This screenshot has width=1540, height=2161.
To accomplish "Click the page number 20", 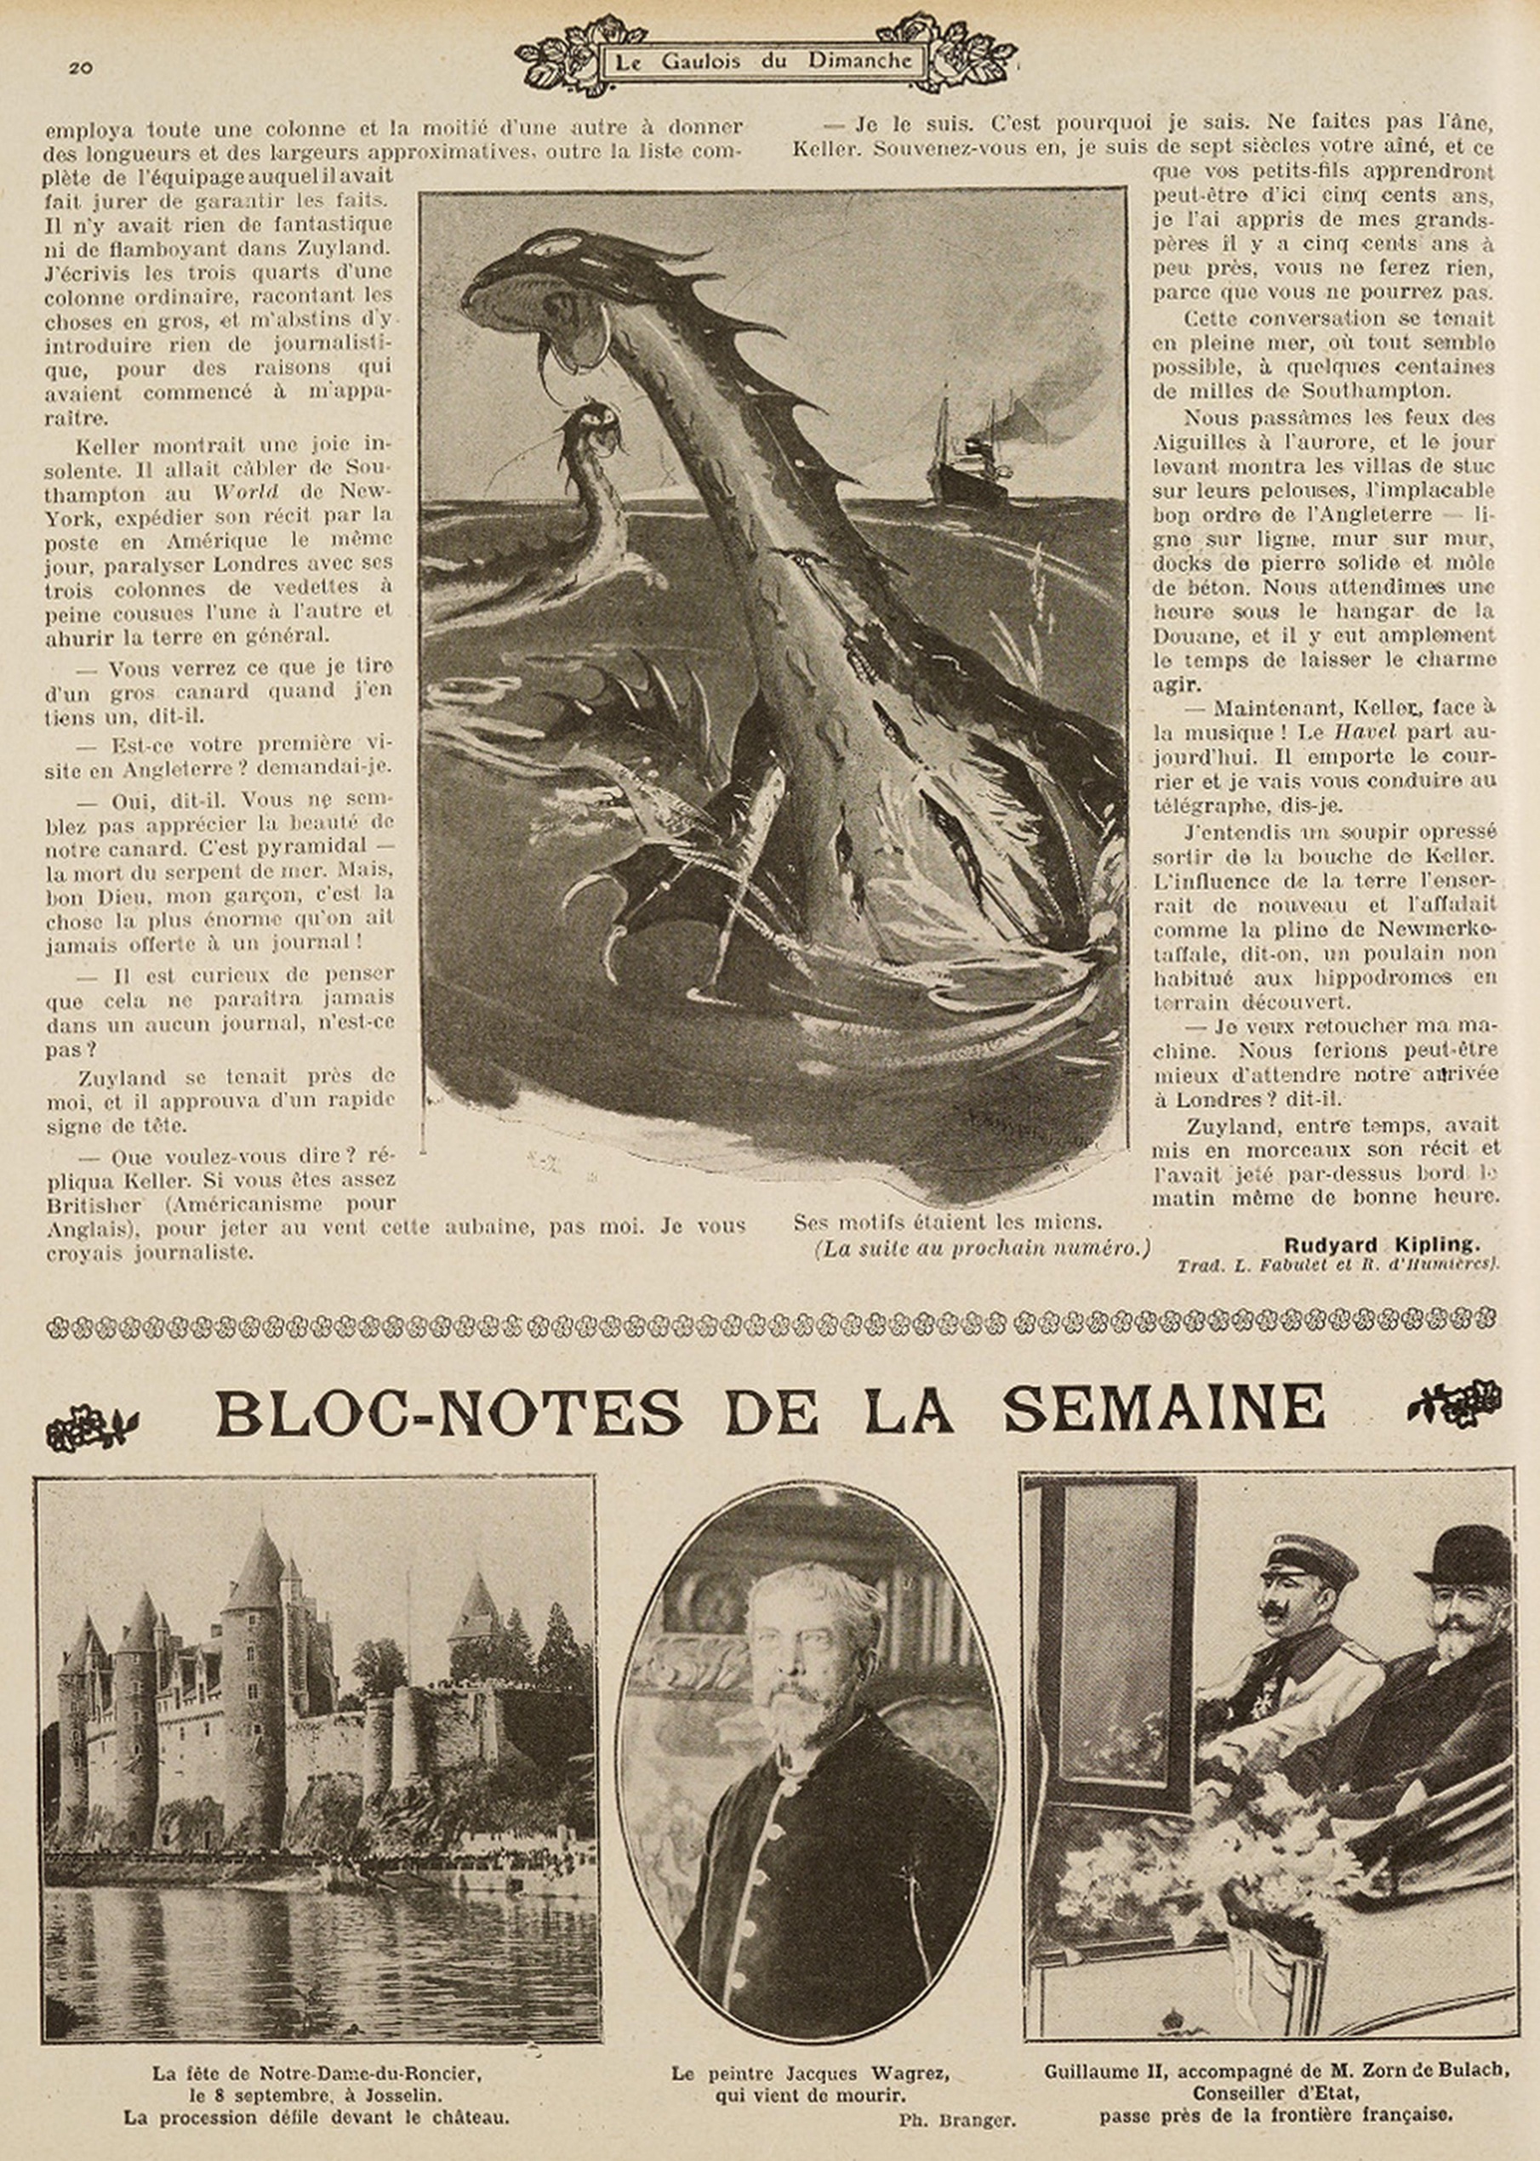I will [x=80, y=67].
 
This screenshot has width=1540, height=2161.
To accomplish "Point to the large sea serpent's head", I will [x=545, y=293].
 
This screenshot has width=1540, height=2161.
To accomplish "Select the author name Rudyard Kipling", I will [x=1381, y=1244].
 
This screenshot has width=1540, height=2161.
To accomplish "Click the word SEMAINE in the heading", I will [x=1165, y=1409].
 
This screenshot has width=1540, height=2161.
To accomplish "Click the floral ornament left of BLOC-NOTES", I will [x=92, y=1424].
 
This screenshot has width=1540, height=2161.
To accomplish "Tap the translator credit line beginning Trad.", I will [x=1337, y=1265].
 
